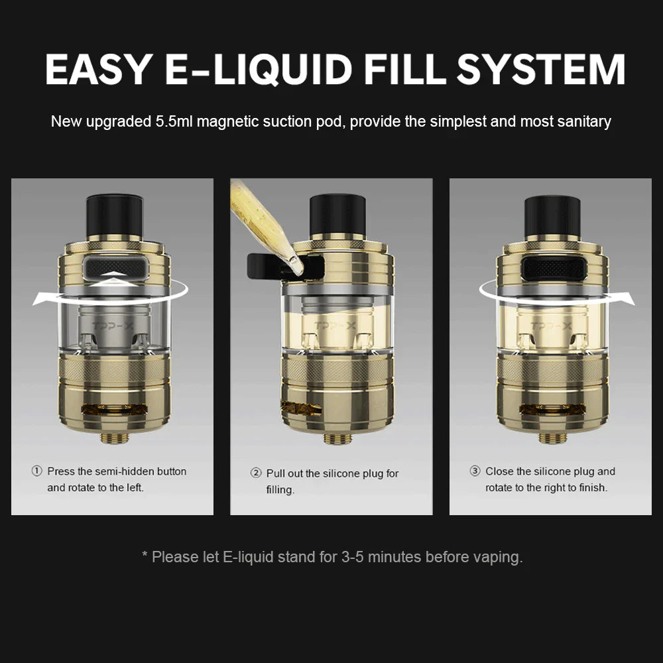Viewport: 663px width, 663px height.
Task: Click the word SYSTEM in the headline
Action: point(541,70)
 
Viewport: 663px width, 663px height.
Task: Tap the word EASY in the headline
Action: point(99,70)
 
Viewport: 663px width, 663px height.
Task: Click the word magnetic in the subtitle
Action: point(228,122)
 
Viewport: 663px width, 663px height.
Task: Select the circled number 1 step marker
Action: point(37,471)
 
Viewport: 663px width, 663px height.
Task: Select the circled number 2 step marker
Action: point(256,473)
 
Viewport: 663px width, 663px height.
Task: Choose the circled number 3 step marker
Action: point(475,471)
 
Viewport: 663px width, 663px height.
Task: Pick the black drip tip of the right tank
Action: point(552,217)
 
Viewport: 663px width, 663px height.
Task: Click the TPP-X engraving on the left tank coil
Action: point(113,326)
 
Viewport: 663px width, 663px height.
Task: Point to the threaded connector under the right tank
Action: point(552,437)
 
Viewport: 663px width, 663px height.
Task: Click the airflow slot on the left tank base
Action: point(114,409)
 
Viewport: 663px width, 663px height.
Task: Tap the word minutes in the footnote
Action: point(395,558)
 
